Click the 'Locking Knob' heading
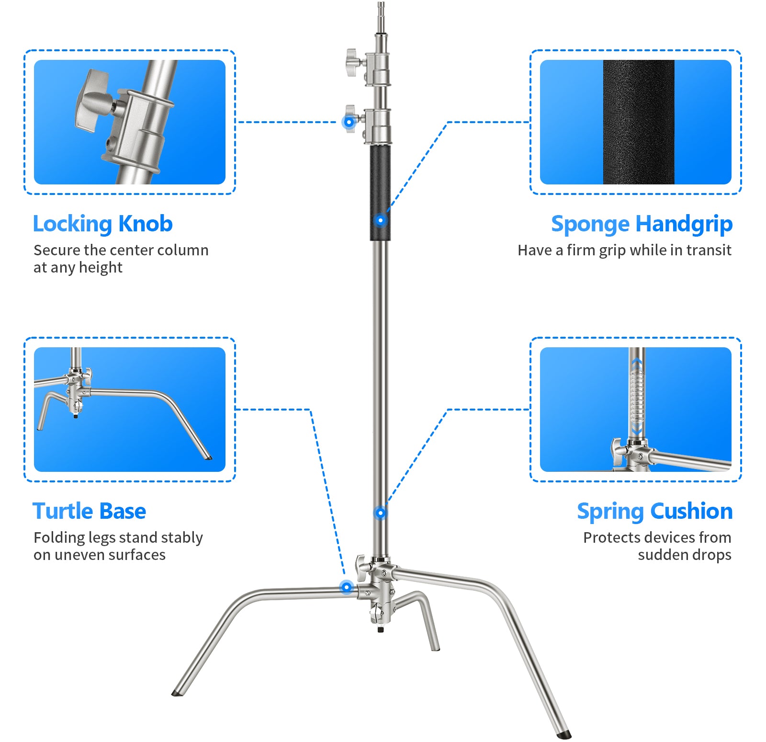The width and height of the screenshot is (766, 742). click(102, 224)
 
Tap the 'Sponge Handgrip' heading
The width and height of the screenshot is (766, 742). click(642, 224)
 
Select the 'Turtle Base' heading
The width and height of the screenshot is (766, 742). click(89, 511)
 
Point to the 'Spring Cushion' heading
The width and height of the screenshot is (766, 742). click(654, 511)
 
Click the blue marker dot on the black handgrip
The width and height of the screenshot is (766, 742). click(380, 220)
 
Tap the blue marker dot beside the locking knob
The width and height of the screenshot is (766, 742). click(349, 122)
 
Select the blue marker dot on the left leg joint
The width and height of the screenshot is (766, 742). click(346, 587)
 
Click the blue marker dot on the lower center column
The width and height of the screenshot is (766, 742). click(380, 513)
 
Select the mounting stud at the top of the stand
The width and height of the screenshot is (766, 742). click(381, 14)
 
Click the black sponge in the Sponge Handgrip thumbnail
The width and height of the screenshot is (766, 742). click(638, 122)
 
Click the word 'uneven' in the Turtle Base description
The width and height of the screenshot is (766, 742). click(79, 555)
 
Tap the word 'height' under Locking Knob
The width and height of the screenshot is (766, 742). click(101, 267)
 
